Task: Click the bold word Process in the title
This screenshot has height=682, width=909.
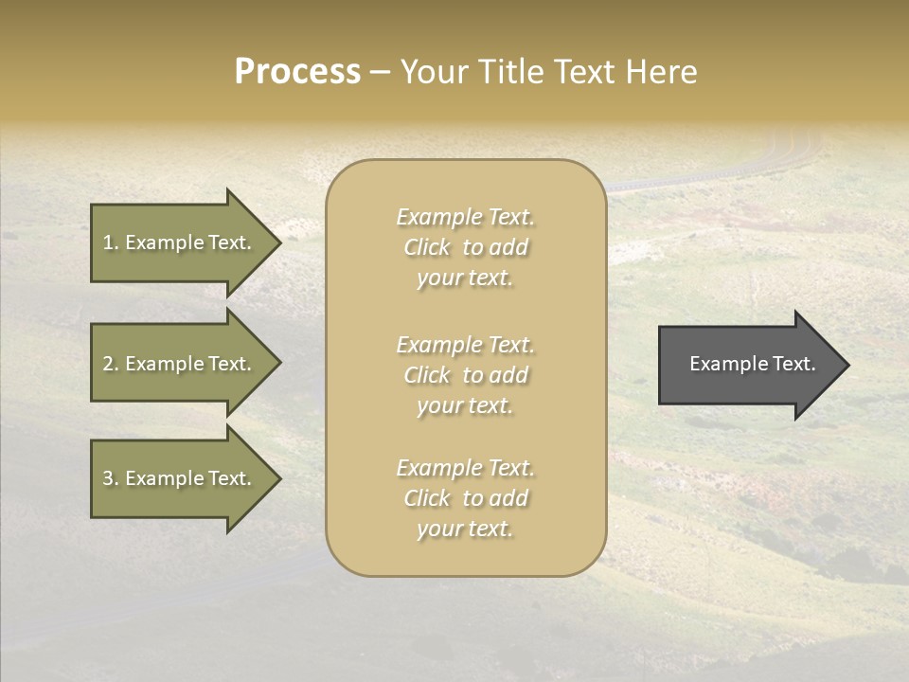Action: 297,72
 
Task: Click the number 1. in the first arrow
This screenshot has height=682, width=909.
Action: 110,242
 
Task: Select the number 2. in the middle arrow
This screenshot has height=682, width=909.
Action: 110,364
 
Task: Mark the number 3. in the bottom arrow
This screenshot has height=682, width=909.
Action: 110,478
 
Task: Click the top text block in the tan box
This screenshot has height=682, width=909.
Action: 465,247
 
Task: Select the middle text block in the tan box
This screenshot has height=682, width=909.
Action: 465,375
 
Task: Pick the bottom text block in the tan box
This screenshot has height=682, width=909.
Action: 465,498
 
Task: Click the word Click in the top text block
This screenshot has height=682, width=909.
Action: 427,247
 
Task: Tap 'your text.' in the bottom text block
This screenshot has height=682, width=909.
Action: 465,529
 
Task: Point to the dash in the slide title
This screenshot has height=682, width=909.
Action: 380,73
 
